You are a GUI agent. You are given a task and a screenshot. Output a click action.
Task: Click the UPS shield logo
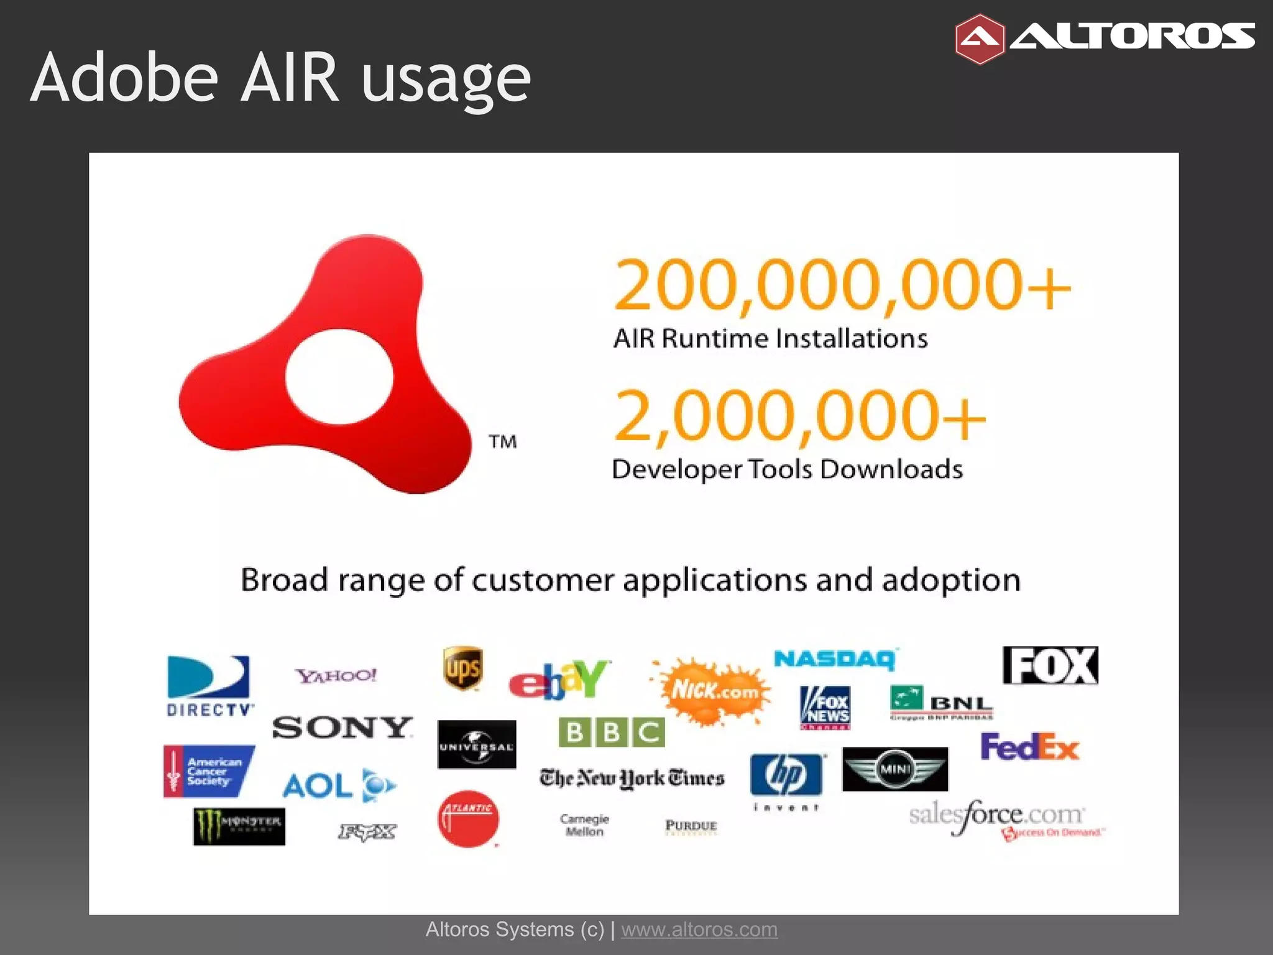(x=463, y=668)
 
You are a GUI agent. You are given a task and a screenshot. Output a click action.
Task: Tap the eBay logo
(x=559, y=680)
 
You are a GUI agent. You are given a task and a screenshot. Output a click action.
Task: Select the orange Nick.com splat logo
(x=712, y=691)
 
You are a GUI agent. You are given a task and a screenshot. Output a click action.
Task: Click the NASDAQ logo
(x=835, y=659)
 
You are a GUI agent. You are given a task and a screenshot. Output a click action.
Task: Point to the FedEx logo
(x=1029, y=747)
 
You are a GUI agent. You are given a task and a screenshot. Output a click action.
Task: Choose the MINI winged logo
(x=895, y=769)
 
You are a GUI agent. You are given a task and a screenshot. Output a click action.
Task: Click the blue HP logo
(x=786, y=775)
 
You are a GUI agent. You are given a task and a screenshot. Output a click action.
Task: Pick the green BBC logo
(x=612, y=732)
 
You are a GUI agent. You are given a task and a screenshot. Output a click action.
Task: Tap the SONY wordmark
(x=342, y=727)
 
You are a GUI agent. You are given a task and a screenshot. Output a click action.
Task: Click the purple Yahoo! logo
(x=336, y=676)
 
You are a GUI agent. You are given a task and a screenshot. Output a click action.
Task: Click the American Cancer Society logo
(x=209, y=771)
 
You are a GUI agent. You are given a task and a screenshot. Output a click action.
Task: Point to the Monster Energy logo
(x=239, y=826)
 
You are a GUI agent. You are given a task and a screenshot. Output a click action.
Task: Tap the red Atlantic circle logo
(x=467, y=819)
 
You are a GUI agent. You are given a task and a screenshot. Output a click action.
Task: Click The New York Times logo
(x=632, y=778)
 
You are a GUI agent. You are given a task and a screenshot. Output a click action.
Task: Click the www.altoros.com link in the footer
(x=699, y=930)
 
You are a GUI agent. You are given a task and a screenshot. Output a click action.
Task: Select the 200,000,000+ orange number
(x=842, y=285)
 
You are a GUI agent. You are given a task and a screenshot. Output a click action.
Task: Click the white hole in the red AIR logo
(x=339, y=376)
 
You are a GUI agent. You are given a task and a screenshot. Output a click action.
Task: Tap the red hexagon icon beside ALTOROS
(x=979, y=39)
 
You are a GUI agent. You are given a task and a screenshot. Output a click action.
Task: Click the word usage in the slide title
(x=446, y=79)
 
